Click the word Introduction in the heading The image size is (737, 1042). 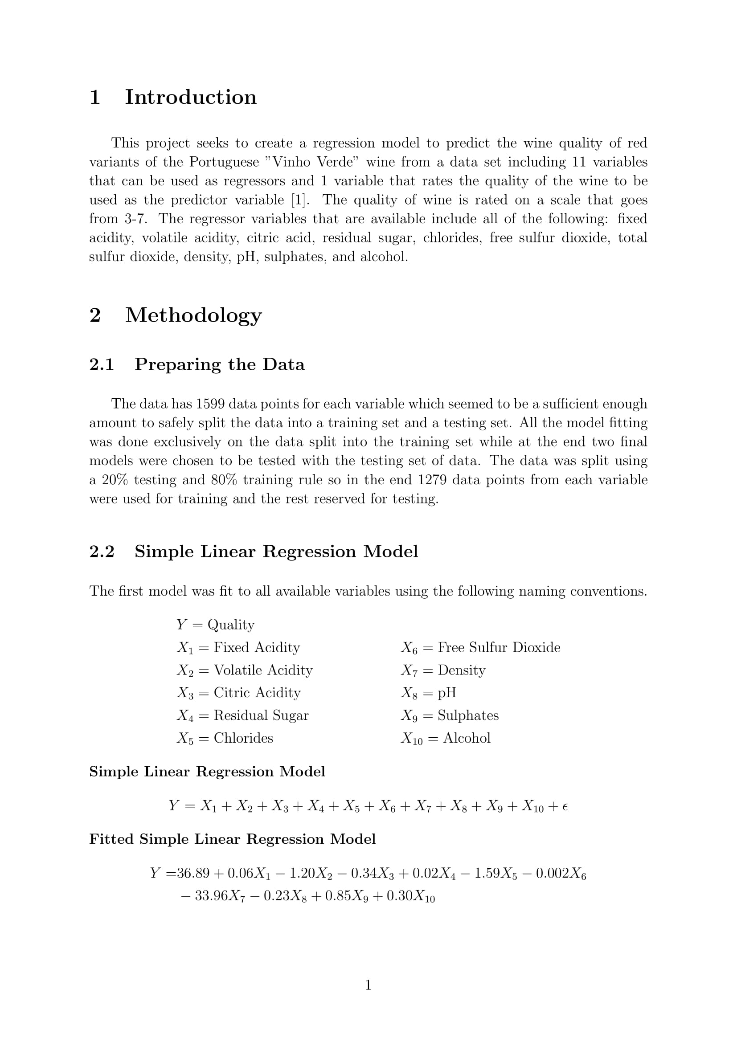191,97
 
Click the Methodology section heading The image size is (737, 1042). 193,315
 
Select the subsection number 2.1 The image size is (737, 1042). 102,364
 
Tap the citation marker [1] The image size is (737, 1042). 300,200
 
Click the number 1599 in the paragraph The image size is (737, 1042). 212,404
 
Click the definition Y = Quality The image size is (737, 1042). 216,625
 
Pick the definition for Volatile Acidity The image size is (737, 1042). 245,670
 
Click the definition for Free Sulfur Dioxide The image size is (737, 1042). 481,648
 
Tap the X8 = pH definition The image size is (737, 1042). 428,693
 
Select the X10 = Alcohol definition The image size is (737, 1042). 446,738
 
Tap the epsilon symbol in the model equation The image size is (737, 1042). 565,806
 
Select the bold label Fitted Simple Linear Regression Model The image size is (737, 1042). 232,839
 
